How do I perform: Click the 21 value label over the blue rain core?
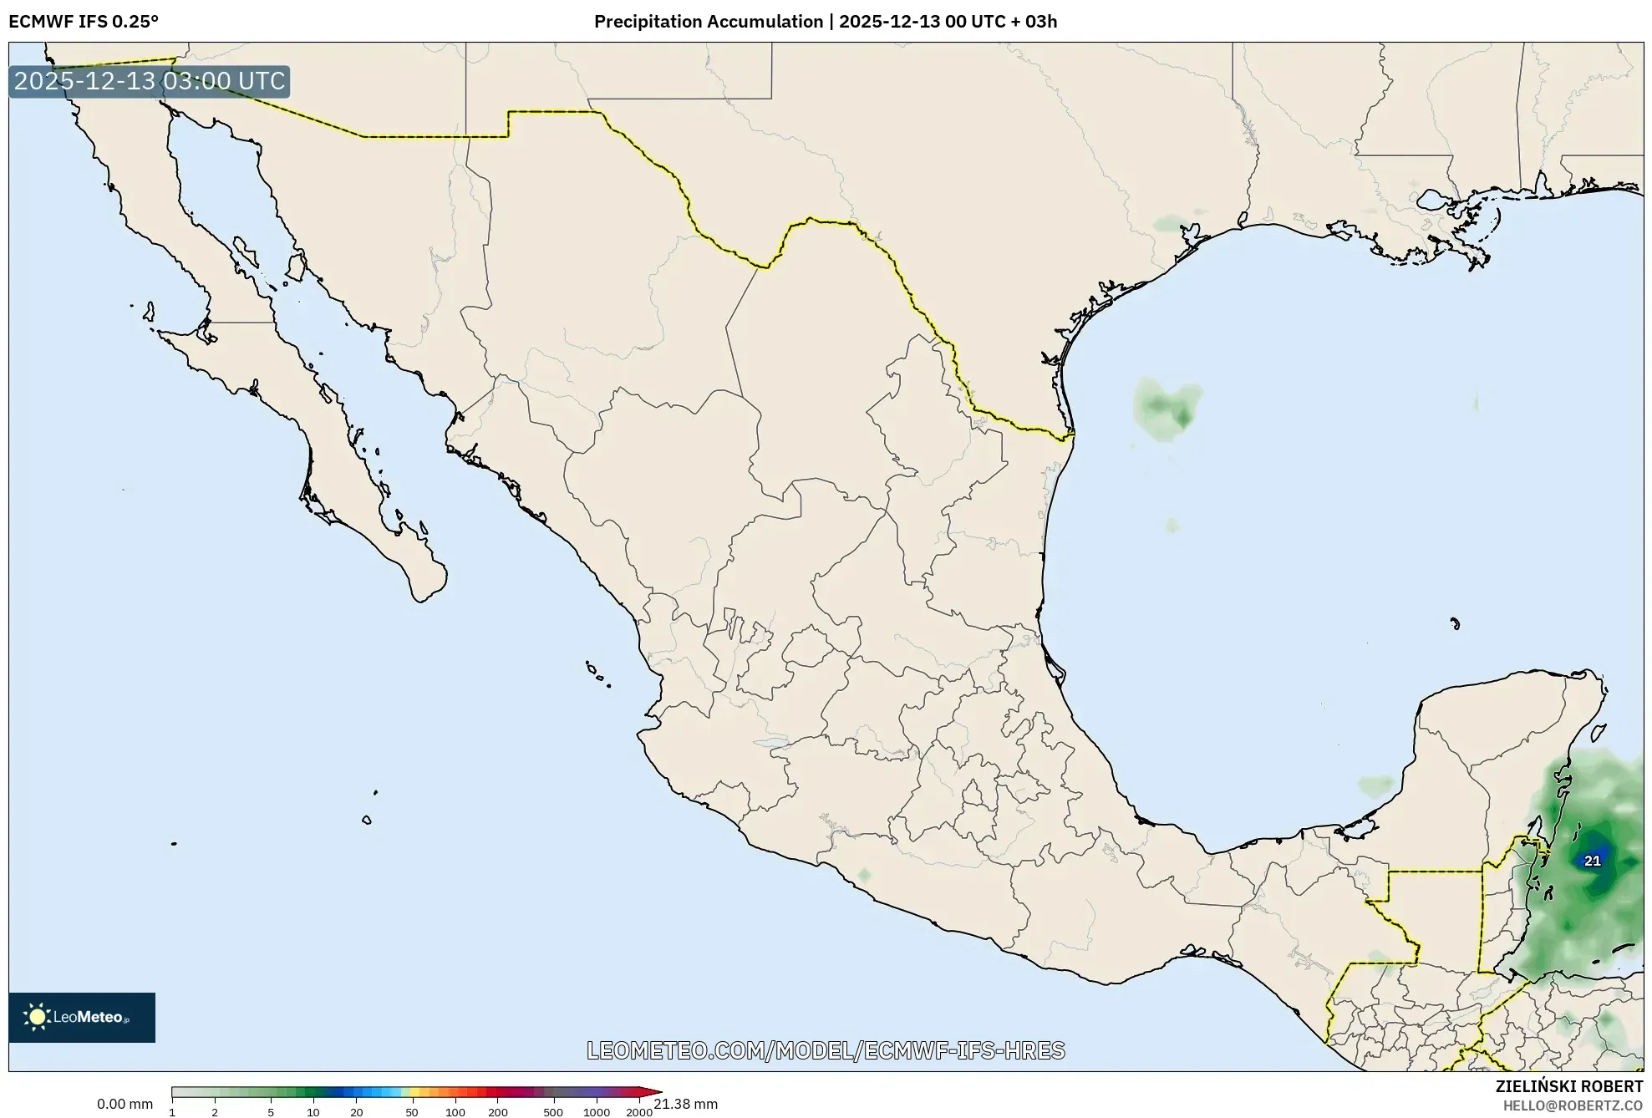pyautogui.click(x=1593, y=861)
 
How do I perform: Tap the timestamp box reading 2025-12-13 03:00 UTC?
pyautogui.click(x=150, y=81)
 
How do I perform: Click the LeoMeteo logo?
pyautogui.click(x=82, y=1017)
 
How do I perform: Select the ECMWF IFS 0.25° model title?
pyautogui.click(x=84, y=21)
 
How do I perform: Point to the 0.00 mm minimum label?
pyautogui.click(x=125, y=1104)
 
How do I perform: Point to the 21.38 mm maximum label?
pyautogui.click(x=685, y=1104)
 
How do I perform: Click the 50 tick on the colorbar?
pyautogui.click(x=411, y=1112)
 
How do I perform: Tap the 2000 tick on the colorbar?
pyautogui.click(x=639, y=1112)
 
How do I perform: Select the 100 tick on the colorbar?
pyautogui.click(x=455, y=1112)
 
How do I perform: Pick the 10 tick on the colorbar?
pyautogui.click(x=313, y=1112)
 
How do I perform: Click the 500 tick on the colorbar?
pyautogui.click(x=553, y=1112)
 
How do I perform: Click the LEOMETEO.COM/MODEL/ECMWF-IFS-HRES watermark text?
pyautogui.click(x=826, y=1050)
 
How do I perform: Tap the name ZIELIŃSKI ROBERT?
pyautogui.click(x=1568, y=1086)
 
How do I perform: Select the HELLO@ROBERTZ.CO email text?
pyautogui.click(x=1573, y=1105)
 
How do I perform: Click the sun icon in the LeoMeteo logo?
pyautogui.click(x=38, y=1017)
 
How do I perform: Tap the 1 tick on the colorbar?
pyautogui.click(x=172, y=1112)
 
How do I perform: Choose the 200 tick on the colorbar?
pyautogui.click(x=498, y=1112)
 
